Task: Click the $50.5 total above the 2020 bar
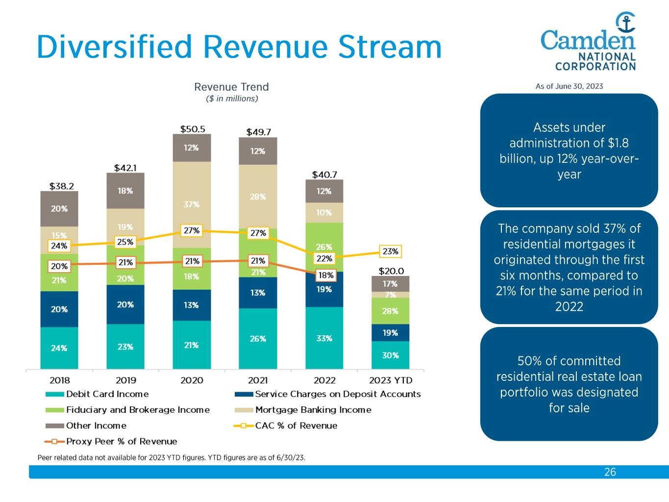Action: click(x=192, y=129)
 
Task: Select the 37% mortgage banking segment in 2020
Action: click(x=192, y=204)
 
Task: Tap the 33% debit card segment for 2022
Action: click(x=324, y=338)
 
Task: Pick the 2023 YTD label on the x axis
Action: click(x=390, y=380)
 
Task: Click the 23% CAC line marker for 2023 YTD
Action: click(x=390, y=251)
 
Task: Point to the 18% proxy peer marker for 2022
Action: click(x=325, y=276)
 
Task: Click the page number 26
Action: click(x=610, y=472)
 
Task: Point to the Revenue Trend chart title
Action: click(x=231, y=87)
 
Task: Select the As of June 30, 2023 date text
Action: click(x=569, y=86)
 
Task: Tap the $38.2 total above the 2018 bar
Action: click(x=59, y=186)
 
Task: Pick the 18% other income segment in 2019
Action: click(x=125, y=191)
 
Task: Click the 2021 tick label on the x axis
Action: click(x=258, y=380)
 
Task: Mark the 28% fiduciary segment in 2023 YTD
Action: click(x=390, y=311)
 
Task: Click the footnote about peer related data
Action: click(x=172, y=457)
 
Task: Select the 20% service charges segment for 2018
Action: click(x=59, y=309)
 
